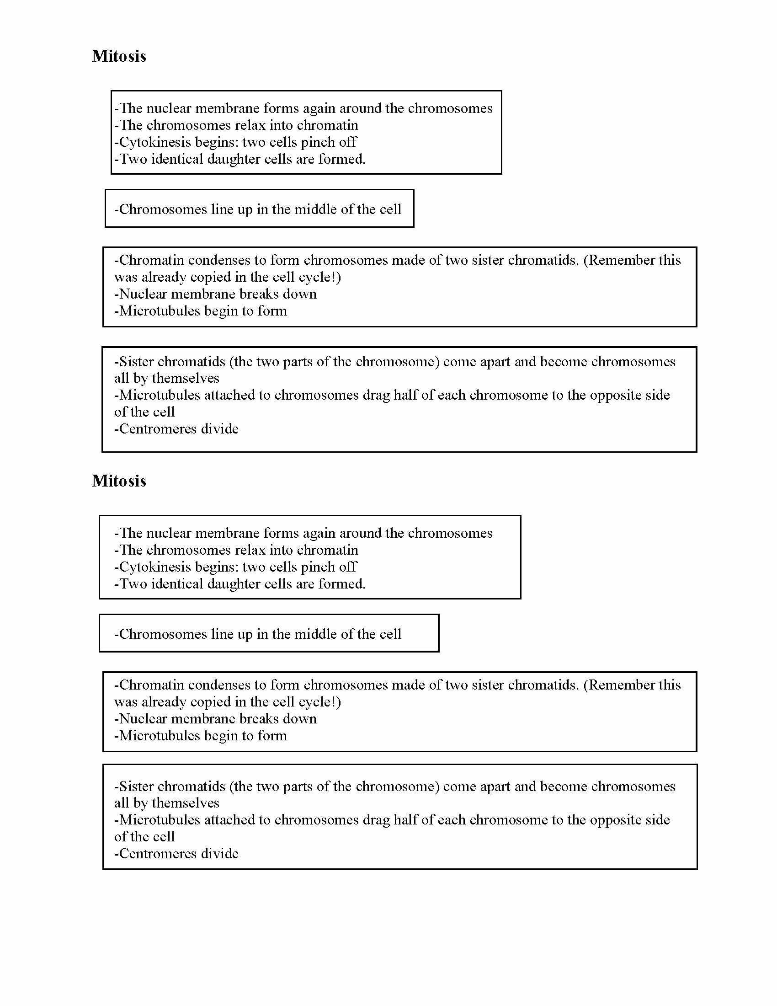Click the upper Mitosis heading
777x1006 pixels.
click(x=119, y=56)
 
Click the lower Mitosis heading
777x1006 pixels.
click(x=119, y=481)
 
